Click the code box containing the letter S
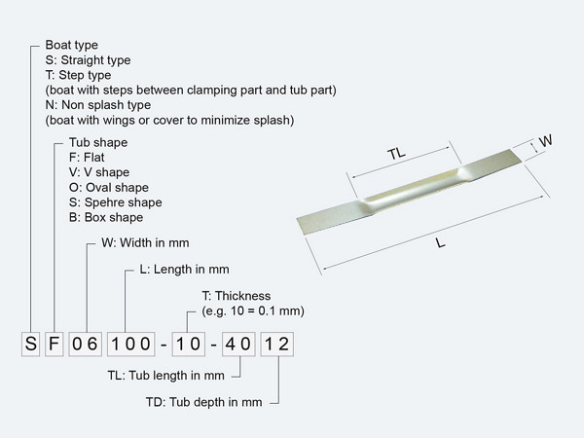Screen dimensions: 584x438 click(x=30, y=344)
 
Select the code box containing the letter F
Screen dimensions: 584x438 click(x=54, y=344)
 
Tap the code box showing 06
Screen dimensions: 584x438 click(x=86, y=344)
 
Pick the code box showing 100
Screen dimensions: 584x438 click(x=131, y=344)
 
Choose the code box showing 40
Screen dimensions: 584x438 click(x=238, y=344)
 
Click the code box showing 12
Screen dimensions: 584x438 click(x=277, y=344)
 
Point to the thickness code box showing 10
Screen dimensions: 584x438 click(x=189, y=344)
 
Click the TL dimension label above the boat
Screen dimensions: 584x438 click(x=396, y=153)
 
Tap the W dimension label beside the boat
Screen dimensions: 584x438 click(x=546, y=141)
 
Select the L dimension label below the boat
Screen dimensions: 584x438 click(x=440, y=243)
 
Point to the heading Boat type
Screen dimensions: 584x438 click(x=71, y=45)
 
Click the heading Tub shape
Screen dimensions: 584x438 click(x=98, y=142)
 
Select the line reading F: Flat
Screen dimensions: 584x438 click(x=87, y=157)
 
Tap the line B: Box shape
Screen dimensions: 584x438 click(x=106, y=217)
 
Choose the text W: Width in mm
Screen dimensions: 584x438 click(x=145, y=242)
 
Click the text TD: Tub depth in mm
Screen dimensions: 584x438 click(x=203, y=402)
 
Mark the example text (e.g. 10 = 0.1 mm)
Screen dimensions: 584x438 click(x=253, y=310)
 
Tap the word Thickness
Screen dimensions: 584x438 click(x=242, y=296)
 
